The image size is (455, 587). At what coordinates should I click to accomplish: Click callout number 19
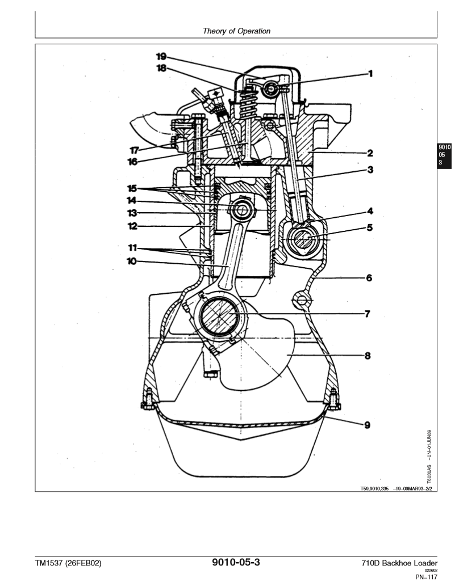[x=161, y=56]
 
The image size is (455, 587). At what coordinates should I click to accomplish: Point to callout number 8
[x=368, y=356]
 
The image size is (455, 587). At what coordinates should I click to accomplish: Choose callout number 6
[x=369, y=278]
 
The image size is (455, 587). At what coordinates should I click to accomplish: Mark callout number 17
[x=134, y=150]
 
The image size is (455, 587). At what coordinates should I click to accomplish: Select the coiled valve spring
[x=247, y=103]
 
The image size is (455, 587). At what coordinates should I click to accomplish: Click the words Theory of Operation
[x=236, y=31]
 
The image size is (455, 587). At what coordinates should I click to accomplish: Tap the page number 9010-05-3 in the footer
[x=236, y=563]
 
